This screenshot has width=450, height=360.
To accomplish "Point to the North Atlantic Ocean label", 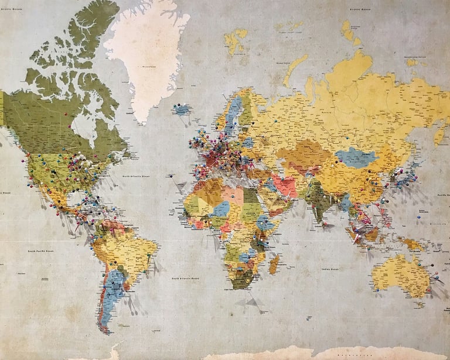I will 136,176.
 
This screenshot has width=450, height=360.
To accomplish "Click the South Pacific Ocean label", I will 42,251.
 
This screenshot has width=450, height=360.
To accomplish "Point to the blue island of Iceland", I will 182,109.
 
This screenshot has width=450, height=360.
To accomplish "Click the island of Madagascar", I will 274,264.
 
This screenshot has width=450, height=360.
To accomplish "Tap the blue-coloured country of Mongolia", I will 355,157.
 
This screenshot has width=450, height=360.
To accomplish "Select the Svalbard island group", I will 236,40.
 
